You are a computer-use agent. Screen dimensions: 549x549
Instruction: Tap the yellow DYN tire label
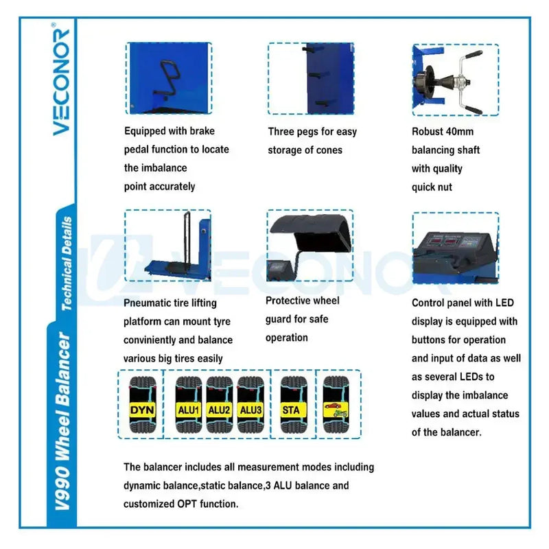click(142, 410)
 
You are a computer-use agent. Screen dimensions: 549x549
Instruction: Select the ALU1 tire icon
click(188, 405)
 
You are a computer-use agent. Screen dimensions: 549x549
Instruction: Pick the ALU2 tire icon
click(219, 405)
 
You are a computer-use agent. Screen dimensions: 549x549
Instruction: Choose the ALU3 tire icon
click(250, 405)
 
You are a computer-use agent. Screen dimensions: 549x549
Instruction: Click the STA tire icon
click(294, 405)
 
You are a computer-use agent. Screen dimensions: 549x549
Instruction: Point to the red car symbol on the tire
click(333, 406)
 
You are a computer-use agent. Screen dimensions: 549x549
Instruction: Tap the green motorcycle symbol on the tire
click(340, 414)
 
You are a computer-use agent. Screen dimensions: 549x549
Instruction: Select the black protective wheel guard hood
click(311, 233)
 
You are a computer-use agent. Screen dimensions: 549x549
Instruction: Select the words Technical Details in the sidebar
click(67, 264)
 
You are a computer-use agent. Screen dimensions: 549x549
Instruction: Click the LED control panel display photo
click(456, 248)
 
